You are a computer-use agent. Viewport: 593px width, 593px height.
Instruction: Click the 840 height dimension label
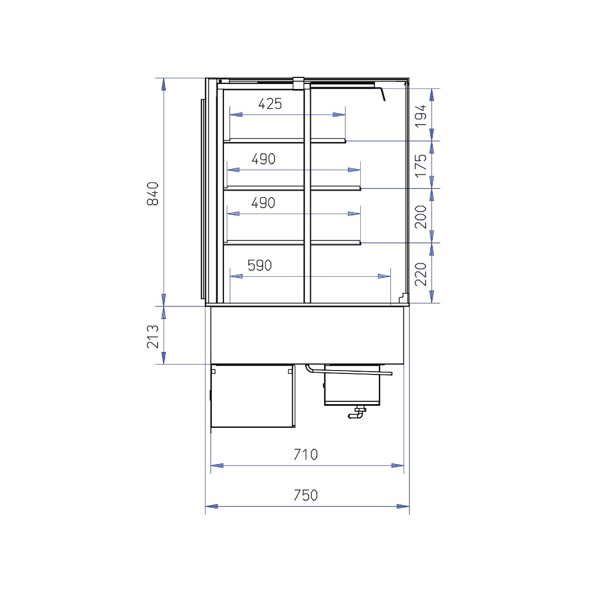pos(153,193)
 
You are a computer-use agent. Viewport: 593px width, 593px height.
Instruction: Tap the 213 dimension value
pos(153,336)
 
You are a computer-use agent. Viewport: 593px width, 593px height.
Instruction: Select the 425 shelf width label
pos(270,104)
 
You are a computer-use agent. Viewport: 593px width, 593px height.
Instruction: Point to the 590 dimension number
pos(260,266)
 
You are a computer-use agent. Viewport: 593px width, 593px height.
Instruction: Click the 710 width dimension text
pos(306,454)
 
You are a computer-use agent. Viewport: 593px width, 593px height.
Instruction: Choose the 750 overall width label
pos(306,495)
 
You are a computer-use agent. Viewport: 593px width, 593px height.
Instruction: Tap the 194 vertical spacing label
pos(421,116)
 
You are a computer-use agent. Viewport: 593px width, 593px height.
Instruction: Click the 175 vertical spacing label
pos(421,165)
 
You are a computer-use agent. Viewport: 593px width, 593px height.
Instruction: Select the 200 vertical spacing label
pos(421,217)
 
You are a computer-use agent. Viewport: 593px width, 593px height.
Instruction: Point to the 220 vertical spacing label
pos(421,274)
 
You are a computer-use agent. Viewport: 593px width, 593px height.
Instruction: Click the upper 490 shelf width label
pos(264,159)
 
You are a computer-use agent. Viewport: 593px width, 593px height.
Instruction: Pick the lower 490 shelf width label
pos(263,203)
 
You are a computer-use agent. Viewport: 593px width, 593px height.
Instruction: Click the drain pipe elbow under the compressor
pos(356,415)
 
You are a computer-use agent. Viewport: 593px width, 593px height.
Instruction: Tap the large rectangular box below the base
pos(253,396)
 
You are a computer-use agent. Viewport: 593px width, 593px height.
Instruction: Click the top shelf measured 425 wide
pos(285,141)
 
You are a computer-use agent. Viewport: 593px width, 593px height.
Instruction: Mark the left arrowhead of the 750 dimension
pos(211,506)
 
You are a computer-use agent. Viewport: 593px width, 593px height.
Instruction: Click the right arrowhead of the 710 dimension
pos(398,466)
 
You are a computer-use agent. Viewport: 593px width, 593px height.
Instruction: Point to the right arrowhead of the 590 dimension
pos(384,276)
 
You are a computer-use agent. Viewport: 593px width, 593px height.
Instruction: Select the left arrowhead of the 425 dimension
pos(236,115)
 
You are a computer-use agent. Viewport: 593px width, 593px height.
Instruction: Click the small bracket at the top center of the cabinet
pos(298,83)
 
